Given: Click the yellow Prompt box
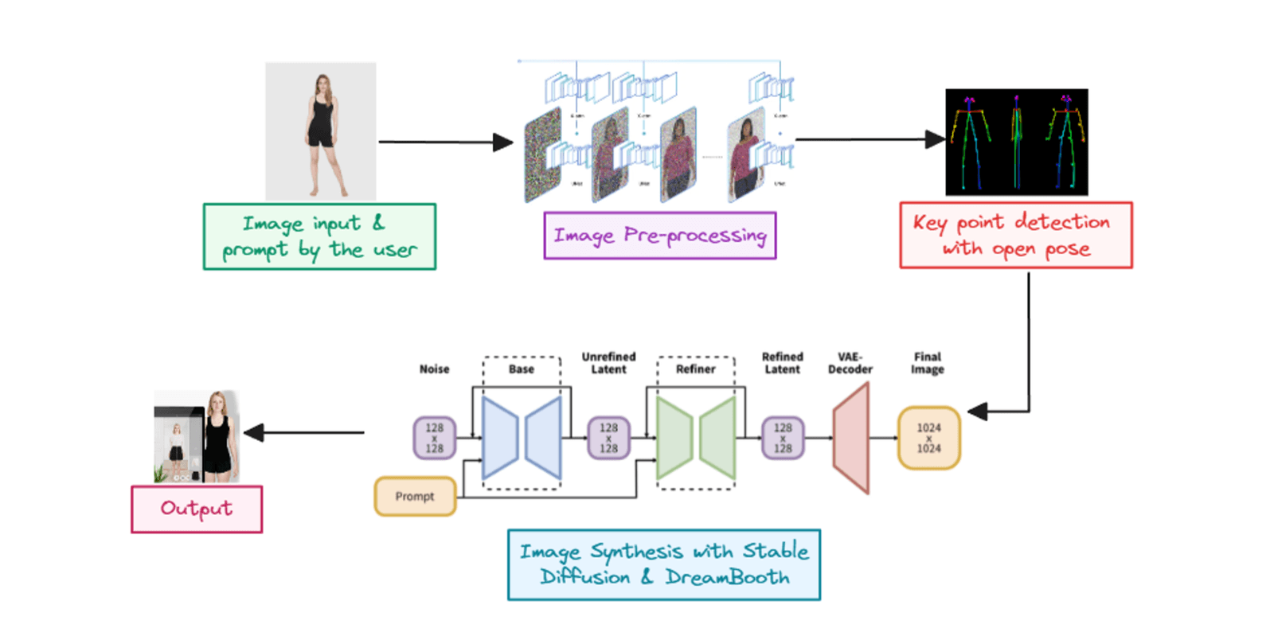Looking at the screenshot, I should pos(415,496).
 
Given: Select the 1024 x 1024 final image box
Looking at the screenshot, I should pos(928,438).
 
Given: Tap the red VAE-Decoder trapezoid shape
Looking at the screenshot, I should pos(851,438).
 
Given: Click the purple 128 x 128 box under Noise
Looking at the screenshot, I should pos(434,438).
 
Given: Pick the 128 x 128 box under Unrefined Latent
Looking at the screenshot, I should pos(608,438).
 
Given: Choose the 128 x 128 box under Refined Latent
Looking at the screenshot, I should pos(783,438).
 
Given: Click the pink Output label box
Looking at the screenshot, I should pos(197,509).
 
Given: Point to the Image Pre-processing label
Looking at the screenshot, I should pos(659,236).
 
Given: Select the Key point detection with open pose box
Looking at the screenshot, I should pos(1015,236).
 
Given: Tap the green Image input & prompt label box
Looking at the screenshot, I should pos(319,237).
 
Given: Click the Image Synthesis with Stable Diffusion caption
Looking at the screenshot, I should pos(663,564).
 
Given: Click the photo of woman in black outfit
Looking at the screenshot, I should pos(321,131).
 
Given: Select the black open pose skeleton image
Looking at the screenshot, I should pos(1016,142).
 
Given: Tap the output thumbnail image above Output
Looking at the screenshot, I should pos(197,437).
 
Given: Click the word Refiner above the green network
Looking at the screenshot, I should pos(695,369).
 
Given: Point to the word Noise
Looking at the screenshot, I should pos(434,369).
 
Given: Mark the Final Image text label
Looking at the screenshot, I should pos(928,363).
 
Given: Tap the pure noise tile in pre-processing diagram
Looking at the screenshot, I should pos(543,154).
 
